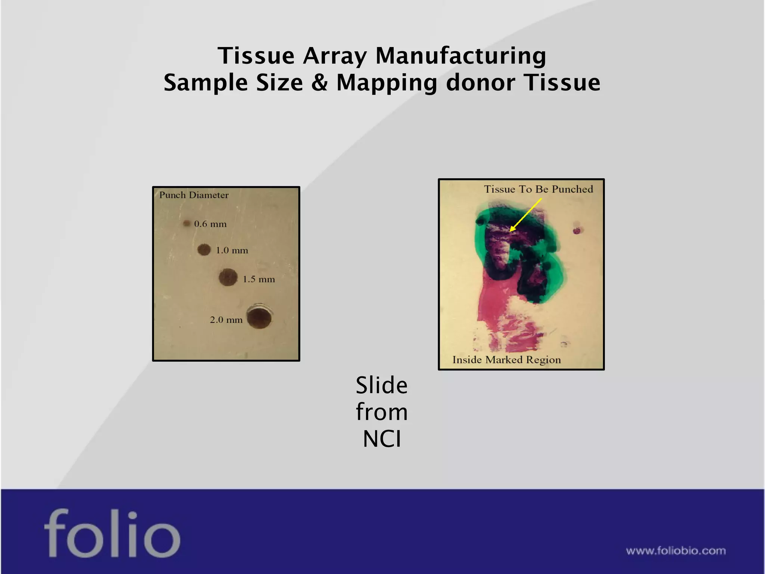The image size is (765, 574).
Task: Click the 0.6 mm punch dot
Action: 186,223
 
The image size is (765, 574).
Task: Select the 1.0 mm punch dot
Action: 204,250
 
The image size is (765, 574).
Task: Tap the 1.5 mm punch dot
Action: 228,277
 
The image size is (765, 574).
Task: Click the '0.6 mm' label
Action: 210,224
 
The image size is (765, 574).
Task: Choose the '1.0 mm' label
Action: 232,250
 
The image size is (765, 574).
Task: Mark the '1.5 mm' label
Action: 259,279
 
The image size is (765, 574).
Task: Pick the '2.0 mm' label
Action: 226,320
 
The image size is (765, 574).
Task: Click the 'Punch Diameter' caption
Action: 194,195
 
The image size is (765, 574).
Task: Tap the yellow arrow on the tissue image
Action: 526,215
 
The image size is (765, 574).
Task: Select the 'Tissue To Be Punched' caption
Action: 538,189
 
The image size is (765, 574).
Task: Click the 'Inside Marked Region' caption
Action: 507,359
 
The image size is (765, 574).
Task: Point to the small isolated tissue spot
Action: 577,230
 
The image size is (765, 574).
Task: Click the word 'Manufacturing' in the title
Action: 461,56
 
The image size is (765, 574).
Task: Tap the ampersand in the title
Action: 319,82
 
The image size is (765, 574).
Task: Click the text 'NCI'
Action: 382,439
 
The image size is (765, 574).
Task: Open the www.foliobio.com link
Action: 676,550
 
